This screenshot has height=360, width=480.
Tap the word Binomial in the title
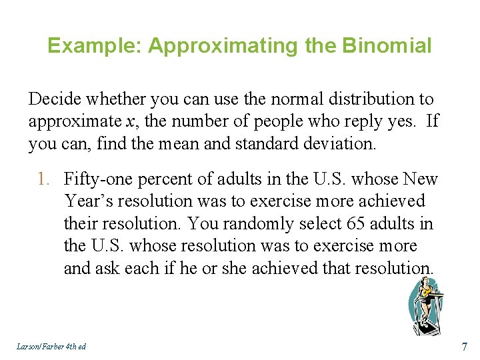coord(387,46)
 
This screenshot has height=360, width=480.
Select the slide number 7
coord(464,346)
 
